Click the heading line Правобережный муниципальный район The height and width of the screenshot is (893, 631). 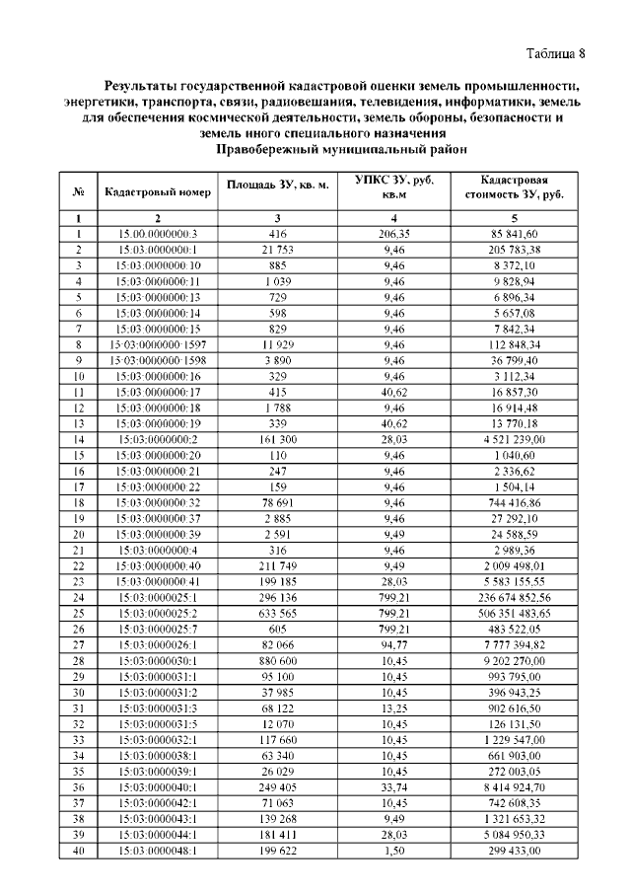(x=341, y=149)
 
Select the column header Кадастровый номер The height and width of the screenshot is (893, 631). (x=158, y=191)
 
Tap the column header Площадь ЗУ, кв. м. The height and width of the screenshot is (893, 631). (x=278, y=186)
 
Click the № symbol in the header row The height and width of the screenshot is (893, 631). (x=77, y=191)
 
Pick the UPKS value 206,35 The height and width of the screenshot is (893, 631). (x=394, y=234)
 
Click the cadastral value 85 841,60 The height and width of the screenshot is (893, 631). (x=521, y=234)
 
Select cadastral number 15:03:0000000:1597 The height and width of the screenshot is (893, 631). (x=158, y=343)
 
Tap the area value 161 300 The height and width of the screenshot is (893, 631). (x=278, y=438)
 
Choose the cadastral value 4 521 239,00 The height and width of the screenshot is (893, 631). (x=521, y=438)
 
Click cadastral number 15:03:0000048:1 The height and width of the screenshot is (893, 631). (x=158, y=850)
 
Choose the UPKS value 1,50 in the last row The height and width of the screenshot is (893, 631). (x=394, y=850)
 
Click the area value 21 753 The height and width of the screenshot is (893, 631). (x=278, y=250)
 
